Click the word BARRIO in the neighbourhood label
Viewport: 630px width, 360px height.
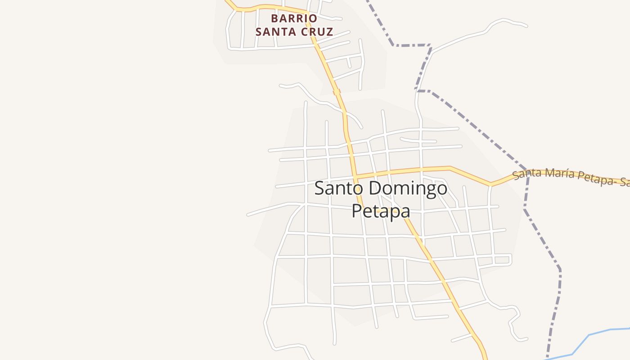click(x=294, y=18)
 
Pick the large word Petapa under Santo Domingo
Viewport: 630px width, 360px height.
click(x=381, y=211)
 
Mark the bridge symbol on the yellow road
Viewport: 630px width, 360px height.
click(x=336, y=92)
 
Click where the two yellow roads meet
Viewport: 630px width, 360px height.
click(x=355, y=176)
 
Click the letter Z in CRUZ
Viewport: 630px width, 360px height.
click(x=329, y=32)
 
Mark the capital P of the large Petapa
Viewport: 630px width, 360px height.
click(x=356, y=211)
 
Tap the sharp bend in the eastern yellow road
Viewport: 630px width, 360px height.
click(x=491, y=184)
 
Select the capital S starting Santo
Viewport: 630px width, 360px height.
click(x=319, y=188)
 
